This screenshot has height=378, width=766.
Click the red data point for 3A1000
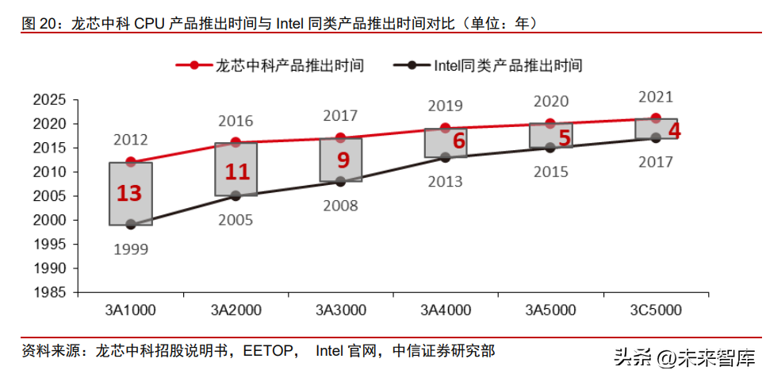(131, 162)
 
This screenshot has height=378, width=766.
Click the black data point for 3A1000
(131, 225)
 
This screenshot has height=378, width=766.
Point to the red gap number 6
(458, 141)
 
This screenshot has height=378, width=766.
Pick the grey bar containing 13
(131, 194)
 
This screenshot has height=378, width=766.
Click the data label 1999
(131, 249)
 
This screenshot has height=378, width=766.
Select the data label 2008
(341, 206)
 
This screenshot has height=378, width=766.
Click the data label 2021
(656, 98)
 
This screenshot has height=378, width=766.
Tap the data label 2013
(445, 182)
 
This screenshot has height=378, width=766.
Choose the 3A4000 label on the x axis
(446, 309)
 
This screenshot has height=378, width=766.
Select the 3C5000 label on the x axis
(656, 309)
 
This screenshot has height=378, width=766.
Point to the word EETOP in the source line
(270, 350)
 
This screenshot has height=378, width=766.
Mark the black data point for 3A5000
(550, 148)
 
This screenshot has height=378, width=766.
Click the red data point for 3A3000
(341, 137)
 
